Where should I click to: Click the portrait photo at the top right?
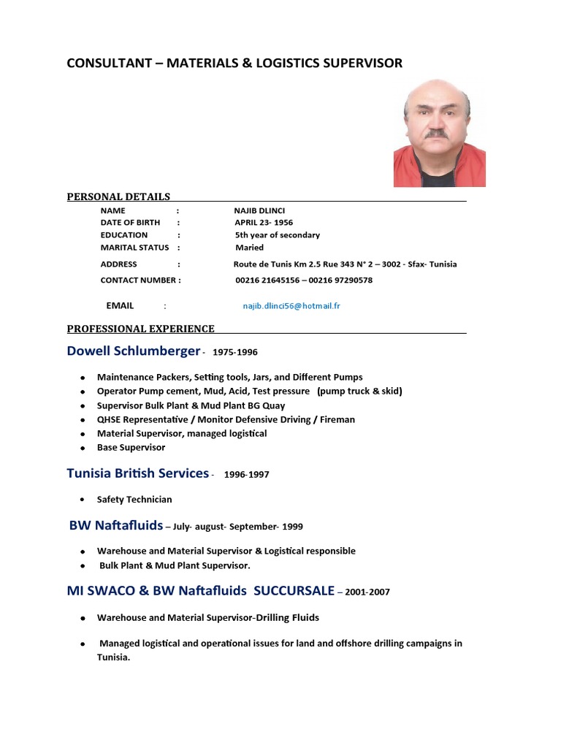pyautogui.click(x=439, y=134)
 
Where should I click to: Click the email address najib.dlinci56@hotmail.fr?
pyautogui.click(x=291, y=306)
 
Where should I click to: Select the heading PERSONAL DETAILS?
pyautogui.click(x=118, y=196)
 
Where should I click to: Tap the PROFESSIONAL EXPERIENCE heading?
pyautogui.click(x=140, y=329)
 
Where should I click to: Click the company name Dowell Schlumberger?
pyautogui.click(x=133, y=351)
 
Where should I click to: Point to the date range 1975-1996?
pyautogui.click(x=234, y=352)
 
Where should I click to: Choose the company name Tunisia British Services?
pyautogui.click(x=137, y=473)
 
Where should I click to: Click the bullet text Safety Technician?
pyautogui.click(x=134, y=500)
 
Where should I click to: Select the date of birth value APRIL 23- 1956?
pyautogui.click(x=264, y=223)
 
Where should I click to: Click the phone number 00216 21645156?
pyautogui.click(x=266, y=280)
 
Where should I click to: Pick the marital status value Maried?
pyautogui.click(x=249, y=248)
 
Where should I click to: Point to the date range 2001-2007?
pyautogui.click(x=369, y=592)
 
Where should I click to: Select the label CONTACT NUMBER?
pyautogui.click(x=138, y=280)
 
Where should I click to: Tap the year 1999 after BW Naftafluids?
pyautogui.click(x=292, y=527)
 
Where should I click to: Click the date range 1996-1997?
pyautogui.click(x=246, y=475)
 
